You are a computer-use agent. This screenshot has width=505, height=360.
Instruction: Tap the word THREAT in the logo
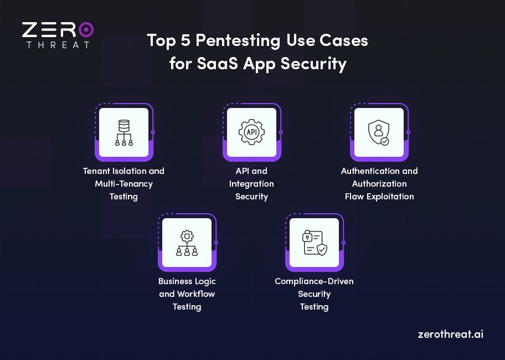click(x=58, y=44)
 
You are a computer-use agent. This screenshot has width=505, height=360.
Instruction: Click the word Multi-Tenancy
click(x=123, y=183)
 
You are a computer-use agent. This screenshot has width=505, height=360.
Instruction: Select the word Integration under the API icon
click(x=251, y=183)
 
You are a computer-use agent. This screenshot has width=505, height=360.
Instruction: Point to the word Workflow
click(x=195, y=294)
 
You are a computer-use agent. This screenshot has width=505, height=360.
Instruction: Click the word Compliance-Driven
click(x=314, y=281)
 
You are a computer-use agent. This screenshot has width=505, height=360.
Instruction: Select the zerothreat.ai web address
click(x=450, y=335)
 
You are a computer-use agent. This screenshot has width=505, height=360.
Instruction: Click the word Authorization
click(x=379, y=183)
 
